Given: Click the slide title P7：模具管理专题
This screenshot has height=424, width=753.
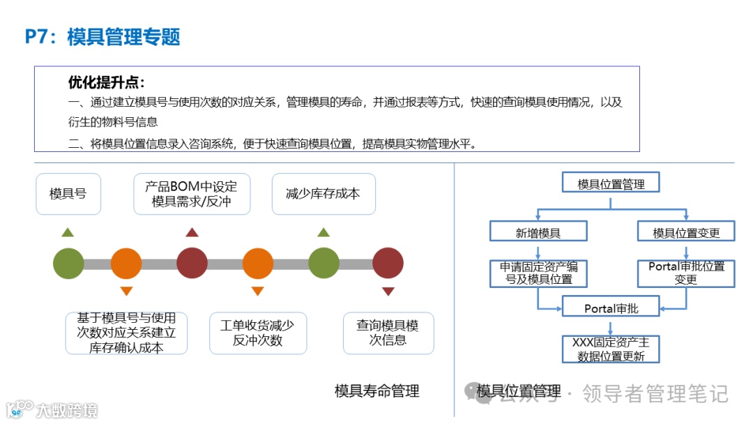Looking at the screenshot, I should pyautogui.click(x=102, y=36).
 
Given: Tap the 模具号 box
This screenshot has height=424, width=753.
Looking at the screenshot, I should pyautogui.click(x=68, y=193).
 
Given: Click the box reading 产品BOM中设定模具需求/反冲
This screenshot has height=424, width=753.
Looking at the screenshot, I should pyautogui.click(x=191, y=194).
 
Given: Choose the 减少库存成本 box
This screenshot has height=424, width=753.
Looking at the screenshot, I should pyautogui.click(x=323, y=193).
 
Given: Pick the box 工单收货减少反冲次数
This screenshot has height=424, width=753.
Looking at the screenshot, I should pyautogui.click(x=257, y=333).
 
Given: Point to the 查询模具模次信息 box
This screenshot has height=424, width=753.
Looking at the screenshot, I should pyautogui.click(x=388, y=333).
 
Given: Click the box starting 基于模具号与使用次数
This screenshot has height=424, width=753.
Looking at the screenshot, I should pyautogui.click(x=126, y=333).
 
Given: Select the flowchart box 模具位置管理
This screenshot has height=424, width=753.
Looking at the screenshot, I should pyautogui.click(x=611, y=184).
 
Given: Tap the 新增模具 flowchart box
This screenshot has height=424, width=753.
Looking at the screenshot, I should pyautogui.click(x=538, y=233).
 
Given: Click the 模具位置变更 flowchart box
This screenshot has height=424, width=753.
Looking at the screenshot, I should pyautogui.click(x=686, y=233).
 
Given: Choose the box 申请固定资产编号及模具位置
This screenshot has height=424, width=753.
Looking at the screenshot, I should pyautogui.click(x=538, y=273).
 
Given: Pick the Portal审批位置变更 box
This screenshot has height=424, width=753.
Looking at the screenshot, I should pyautogui.click(x=686, y=273).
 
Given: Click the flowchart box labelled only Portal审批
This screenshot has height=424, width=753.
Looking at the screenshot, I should pyautogui.click(x=611, y=308).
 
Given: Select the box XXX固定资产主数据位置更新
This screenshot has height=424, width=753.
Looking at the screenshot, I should pyautogui.click(x=611, y=349).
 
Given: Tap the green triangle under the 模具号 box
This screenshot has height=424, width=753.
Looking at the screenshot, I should pyautogui.click(x=67, y=232).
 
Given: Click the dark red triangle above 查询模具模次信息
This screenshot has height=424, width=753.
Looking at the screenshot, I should pyautogui.click(x=388, y=291).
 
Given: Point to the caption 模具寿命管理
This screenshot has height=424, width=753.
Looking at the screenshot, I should pyautogui.click(x=376, y=391).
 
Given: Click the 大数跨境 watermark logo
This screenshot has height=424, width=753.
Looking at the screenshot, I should pyautogui.click(x=52, y=409).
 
